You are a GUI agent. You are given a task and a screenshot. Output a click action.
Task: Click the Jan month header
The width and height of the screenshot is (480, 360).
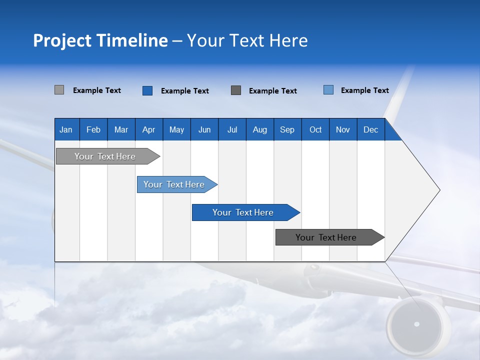click(x=66, y=129)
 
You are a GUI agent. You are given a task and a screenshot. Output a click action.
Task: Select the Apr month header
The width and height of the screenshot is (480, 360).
click(x=149, y=129)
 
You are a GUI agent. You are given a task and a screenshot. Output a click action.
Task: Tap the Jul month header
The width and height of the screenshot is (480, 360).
click(x=232, y=129)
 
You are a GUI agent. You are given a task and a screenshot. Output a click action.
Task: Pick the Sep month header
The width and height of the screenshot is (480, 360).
click(x=287, y=129)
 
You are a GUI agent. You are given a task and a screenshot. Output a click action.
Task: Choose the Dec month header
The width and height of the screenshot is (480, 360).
click(x=370, y=129)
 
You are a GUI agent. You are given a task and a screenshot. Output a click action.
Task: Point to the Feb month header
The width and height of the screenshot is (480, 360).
click(x=93, y=129)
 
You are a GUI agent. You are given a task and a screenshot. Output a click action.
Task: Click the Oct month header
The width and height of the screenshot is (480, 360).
click(x=315, y=129)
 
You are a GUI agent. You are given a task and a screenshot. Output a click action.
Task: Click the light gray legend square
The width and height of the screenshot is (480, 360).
click(x=59, y=90)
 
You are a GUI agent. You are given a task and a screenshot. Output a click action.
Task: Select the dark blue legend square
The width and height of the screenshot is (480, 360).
click(x=147, y=90)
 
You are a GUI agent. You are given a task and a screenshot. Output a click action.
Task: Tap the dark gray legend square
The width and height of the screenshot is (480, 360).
click(x=236, y=90)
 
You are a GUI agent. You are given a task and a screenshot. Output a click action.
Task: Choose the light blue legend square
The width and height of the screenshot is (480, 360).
click(x=328, y=90)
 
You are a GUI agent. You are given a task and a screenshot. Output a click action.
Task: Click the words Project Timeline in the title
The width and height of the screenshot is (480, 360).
click(x=100, y=40)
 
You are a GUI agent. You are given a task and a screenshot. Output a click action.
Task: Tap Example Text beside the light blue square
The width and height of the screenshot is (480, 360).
click(x=364, y=90)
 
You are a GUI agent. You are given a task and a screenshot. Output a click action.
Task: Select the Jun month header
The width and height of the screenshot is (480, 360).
click(x=204, y=129)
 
